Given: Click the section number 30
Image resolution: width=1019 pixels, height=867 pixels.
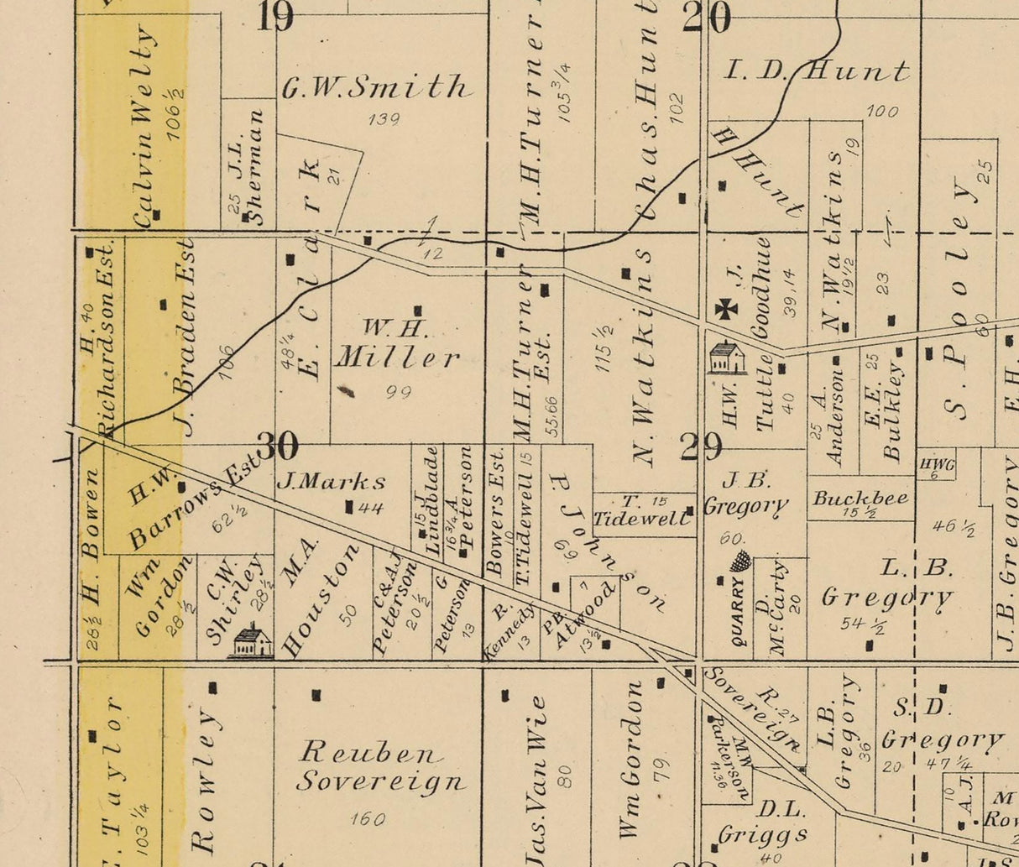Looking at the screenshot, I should (x=278, y=447).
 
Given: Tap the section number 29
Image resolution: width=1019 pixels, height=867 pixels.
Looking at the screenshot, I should (x=701, y=447).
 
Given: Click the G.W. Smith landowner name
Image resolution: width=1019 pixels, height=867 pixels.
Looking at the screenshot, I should (x=375, y=87).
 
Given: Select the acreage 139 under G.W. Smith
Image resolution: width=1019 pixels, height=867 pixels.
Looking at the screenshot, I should (x=384, y=119).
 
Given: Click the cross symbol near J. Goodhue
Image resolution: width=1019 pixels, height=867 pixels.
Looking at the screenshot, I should (x=726, y=309).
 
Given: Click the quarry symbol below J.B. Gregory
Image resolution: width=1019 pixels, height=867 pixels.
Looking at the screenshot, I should (x=739, y=561).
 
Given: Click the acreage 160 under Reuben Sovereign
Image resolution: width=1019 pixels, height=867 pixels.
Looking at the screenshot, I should (x=368, y=818).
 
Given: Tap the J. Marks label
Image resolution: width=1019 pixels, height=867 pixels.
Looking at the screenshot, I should (x=332, y=482).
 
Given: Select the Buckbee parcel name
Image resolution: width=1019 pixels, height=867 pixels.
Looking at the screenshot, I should (x=860, y=498).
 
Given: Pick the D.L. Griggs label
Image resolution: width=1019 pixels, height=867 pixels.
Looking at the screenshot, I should (x=763, y=823).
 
